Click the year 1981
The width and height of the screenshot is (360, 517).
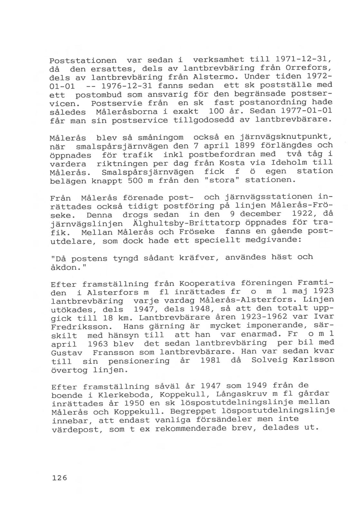[x=210, y=360]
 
